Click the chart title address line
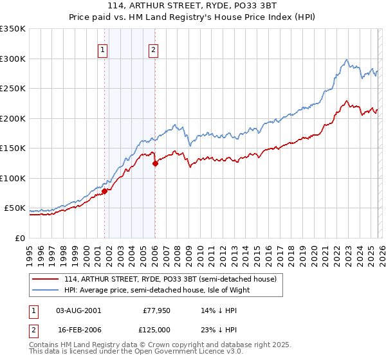193,7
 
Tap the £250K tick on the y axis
13,88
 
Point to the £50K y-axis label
15,208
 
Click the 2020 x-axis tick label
313,251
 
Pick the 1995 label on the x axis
30,251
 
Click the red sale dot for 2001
104,191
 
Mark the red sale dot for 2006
155,163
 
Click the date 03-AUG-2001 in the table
78,310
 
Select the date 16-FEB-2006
78,329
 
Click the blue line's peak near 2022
347,60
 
